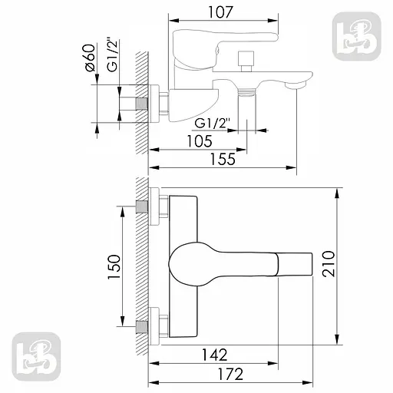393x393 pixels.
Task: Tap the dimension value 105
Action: click(x=199, y=140)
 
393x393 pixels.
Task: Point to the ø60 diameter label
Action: click(x=90, y=58)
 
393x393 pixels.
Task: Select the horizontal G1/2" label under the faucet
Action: click(x=211, y=123)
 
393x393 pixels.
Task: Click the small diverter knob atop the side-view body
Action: click(x=247, y=58)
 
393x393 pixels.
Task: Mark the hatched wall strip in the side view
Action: click(x=141, y=100)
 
